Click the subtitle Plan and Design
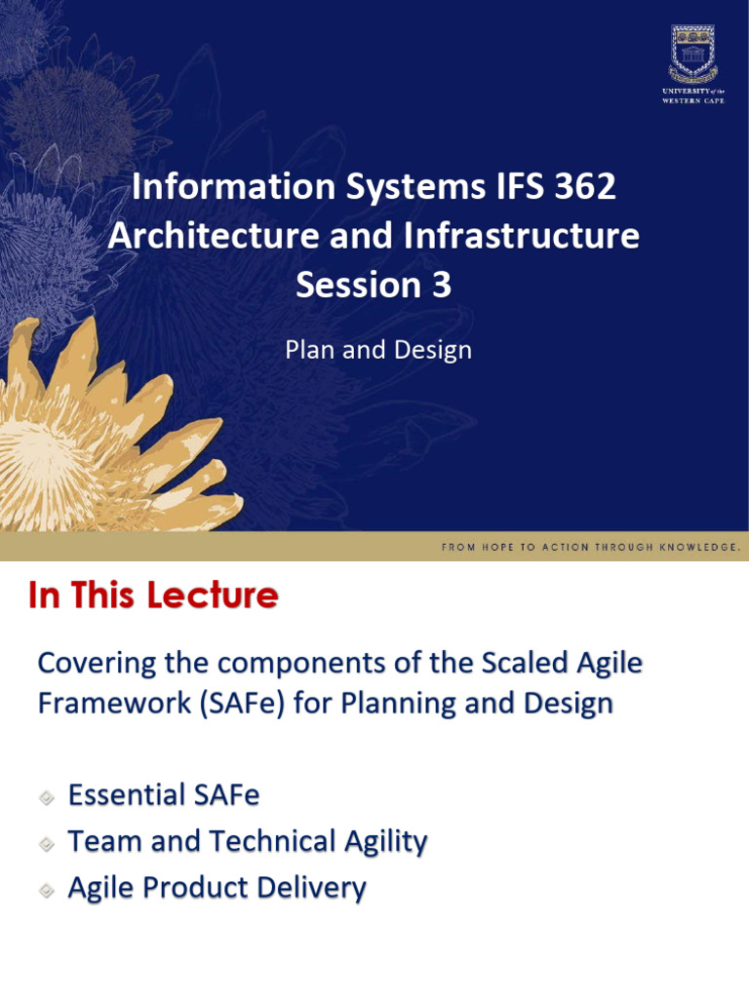pos(378,350)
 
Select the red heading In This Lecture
pos(153,595)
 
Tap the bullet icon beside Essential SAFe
pos(47,797)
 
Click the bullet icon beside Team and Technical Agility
pos(47,844)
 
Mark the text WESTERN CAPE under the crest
pos(693,100)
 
